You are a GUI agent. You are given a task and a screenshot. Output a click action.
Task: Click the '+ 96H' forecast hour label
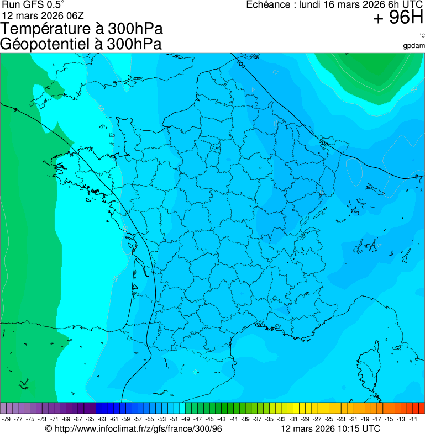coord(398,19)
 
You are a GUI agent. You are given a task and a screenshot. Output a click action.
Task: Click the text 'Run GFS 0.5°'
coord(33,4)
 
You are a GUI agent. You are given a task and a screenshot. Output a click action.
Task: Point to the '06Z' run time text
coord(71,14)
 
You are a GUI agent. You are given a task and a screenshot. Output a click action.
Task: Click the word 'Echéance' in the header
coord(269,5)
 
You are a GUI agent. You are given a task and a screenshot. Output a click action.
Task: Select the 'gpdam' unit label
coord(414,46)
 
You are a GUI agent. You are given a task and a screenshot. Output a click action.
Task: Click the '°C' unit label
coord(422,36)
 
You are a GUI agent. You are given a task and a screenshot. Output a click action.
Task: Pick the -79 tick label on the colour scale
coord(6,419)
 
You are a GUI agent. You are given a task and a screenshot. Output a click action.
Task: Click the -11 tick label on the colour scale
coord(413,419)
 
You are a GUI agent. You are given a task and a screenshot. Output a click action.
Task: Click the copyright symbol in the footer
coord(48,428)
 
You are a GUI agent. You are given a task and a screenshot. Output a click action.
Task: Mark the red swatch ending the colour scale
coord(422,408)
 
